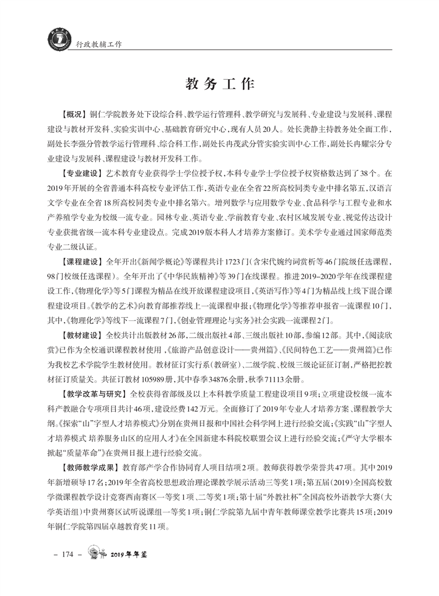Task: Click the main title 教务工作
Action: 219,84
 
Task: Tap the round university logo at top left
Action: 56,40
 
